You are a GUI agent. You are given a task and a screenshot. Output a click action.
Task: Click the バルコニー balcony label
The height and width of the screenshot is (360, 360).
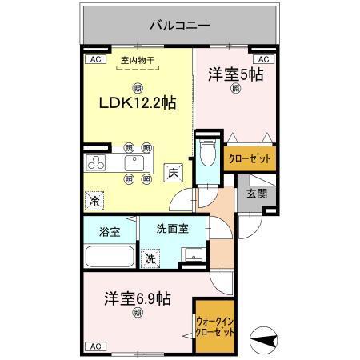(x=179, y=26)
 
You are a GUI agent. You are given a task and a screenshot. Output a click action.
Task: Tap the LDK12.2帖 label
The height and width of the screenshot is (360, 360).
(x=137, y=104)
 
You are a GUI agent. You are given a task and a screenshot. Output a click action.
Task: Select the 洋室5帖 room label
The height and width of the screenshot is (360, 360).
(x=236, y=75)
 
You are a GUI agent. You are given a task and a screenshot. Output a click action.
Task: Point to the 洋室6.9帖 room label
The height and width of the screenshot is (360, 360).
(x=137, y=298)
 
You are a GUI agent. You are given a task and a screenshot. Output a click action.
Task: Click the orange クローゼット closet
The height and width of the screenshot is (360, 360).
(x=250, y=158)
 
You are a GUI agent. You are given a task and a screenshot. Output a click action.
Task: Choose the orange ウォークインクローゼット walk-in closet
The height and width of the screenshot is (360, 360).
(x=216, y=326)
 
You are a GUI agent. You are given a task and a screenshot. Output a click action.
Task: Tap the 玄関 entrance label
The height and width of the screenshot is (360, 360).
(x=257, y=194)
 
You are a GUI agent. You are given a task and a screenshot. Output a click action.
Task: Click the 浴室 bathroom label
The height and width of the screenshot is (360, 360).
(x=110, y=232)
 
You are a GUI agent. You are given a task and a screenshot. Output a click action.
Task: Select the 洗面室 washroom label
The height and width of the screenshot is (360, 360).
(x=173, y=228)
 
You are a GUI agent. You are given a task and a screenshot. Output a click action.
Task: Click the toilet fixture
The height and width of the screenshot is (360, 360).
(x=208, y=153)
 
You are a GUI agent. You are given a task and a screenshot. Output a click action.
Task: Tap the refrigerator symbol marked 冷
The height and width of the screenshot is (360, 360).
(x=94, y=200)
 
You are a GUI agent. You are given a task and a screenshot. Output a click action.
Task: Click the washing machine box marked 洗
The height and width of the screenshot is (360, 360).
(x=150, y=258)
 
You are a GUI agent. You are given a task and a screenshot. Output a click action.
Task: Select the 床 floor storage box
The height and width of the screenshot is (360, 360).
(x=173, y=170)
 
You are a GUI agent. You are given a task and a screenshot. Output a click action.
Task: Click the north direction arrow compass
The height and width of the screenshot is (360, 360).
(x=264, y=338)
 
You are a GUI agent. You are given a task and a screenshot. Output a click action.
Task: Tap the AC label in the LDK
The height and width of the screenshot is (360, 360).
(x=93, y=59)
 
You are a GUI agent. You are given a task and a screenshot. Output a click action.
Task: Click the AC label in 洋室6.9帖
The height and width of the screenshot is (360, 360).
(x=94, y=346)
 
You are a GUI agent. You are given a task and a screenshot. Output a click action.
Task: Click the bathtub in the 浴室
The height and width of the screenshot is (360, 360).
(x=109, y=258)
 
